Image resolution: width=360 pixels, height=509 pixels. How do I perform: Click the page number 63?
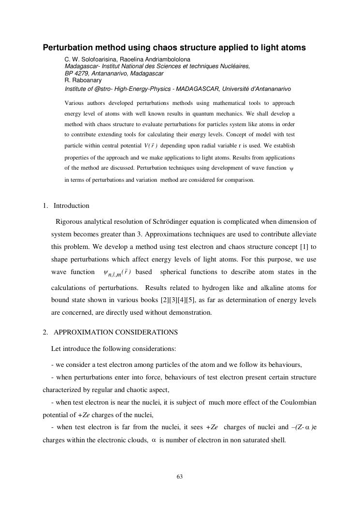pyautogui.click(x=180, y=477)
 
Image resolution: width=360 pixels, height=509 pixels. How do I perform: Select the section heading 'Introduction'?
pyautogui.click(x=72, y=205)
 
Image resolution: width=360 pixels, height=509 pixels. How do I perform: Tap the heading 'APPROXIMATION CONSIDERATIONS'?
pyautogui.click(x=115, y=332)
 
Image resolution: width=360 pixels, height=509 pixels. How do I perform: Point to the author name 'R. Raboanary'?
pyautogui.click(x=82, y=80)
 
